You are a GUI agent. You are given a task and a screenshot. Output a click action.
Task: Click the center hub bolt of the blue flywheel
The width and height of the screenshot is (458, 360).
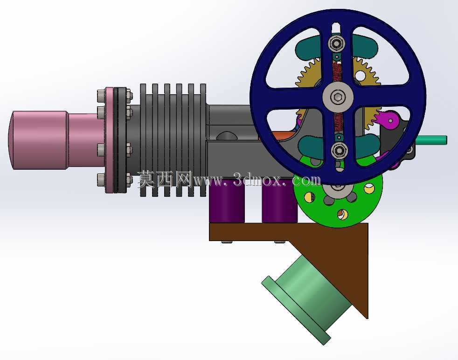338,97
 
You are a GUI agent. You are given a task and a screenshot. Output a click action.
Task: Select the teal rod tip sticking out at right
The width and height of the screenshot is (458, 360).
432,140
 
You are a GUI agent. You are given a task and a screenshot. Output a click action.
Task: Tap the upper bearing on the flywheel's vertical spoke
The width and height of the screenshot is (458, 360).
337,43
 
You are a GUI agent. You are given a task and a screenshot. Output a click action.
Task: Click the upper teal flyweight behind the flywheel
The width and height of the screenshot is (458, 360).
336,46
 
